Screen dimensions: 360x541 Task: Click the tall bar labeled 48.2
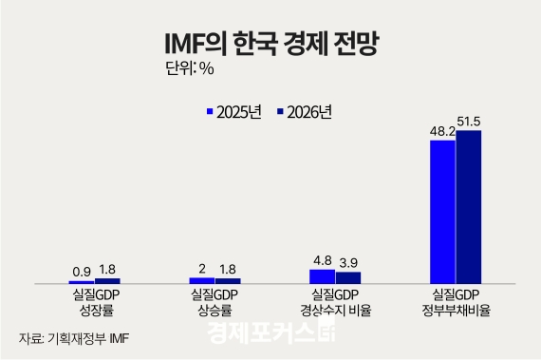443,212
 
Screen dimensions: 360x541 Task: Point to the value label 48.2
442,132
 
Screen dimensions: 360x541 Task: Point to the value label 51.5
470,123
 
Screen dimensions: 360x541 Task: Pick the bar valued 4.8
323,276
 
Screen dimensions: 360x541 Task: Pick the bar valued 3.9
348,277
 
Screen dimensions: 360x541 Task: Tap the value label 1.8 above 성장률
107,270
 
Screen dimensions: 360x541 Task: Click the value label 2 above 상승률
202,270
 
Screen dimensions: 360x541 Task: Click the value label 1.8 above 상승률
228,270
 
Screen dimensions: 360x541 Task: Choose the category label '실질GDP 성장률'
95,302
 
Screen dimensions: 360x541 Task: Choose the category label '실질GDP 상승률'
215,302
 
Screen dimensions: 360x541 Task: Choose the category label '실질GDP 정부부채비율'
456,302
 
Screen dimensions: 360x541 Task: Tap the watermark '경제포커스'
270,334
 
